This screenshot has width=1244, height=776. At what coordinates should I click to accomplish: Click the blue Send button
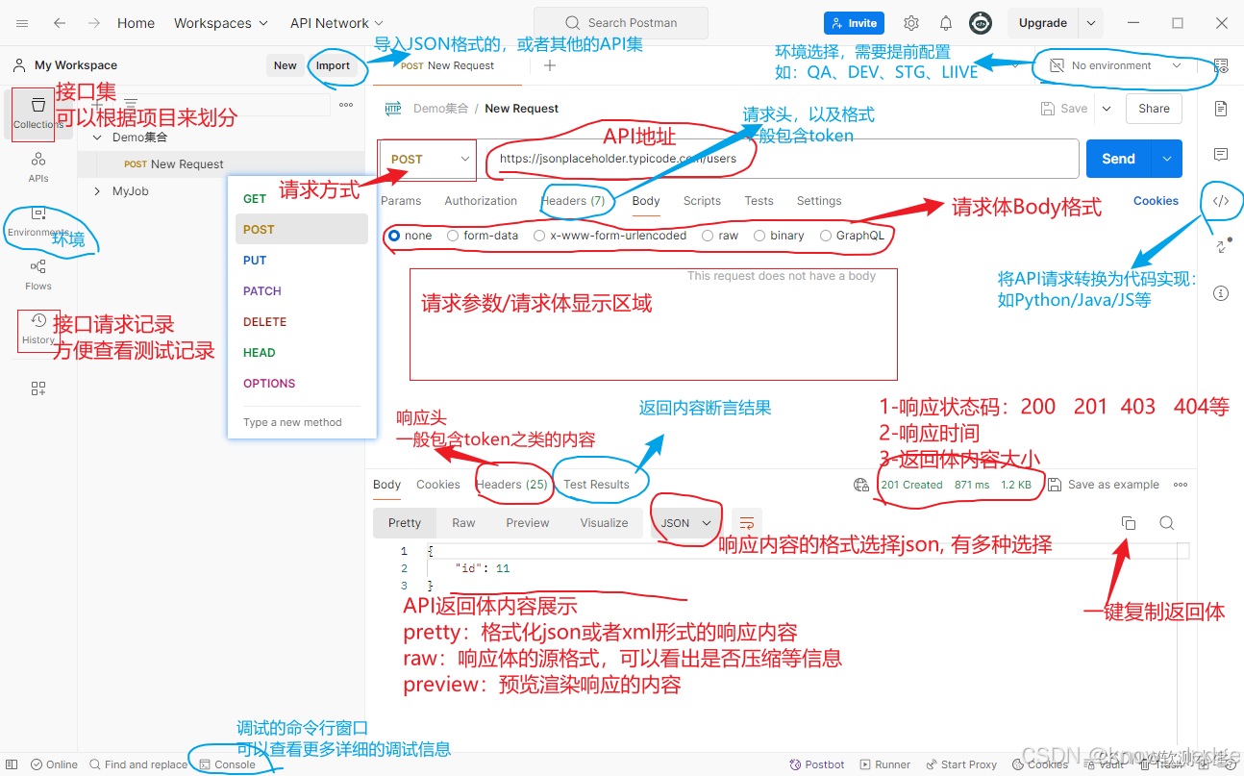point(1118,159)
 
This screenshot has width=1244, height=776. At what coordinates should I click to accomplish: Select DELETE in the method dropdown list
point(264,322)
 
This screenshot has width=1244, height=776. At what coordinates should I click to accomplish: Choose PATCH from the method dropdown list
point(261,291)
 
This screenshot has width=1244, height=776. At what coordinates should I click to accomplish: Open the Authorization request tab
point(481,201)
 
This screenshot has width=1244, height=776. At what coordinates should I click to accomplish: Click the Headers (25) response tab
point(511,485)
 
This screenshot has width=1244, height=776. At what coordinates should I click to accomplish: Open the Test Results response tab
point(596,485)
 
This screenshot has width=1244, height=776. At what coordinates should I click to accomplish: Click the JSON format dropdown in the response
point(685,523)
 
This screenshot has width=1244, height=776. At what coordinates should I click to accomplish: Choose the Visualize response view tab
point(604,523)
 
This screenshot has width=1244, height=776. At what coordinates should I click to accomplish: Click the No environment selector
point(1116,66)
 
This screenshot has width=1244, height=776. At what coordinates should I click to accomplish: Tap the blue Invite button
point(854,23)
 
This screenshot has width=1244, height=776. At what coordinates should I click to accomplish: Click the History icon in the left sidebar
point(38,327)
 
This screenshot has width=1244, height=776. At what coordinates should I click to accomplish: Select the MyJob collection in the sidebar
point(131,191)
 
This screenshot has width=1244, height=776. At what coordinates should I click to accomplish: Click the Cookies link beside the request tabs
point(1156,201)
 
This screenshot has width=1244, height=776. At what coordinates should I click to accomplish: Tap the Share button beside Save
point(1154,109)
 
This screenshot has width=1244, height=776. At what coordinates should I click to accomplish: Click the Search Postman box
point(621,23)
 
